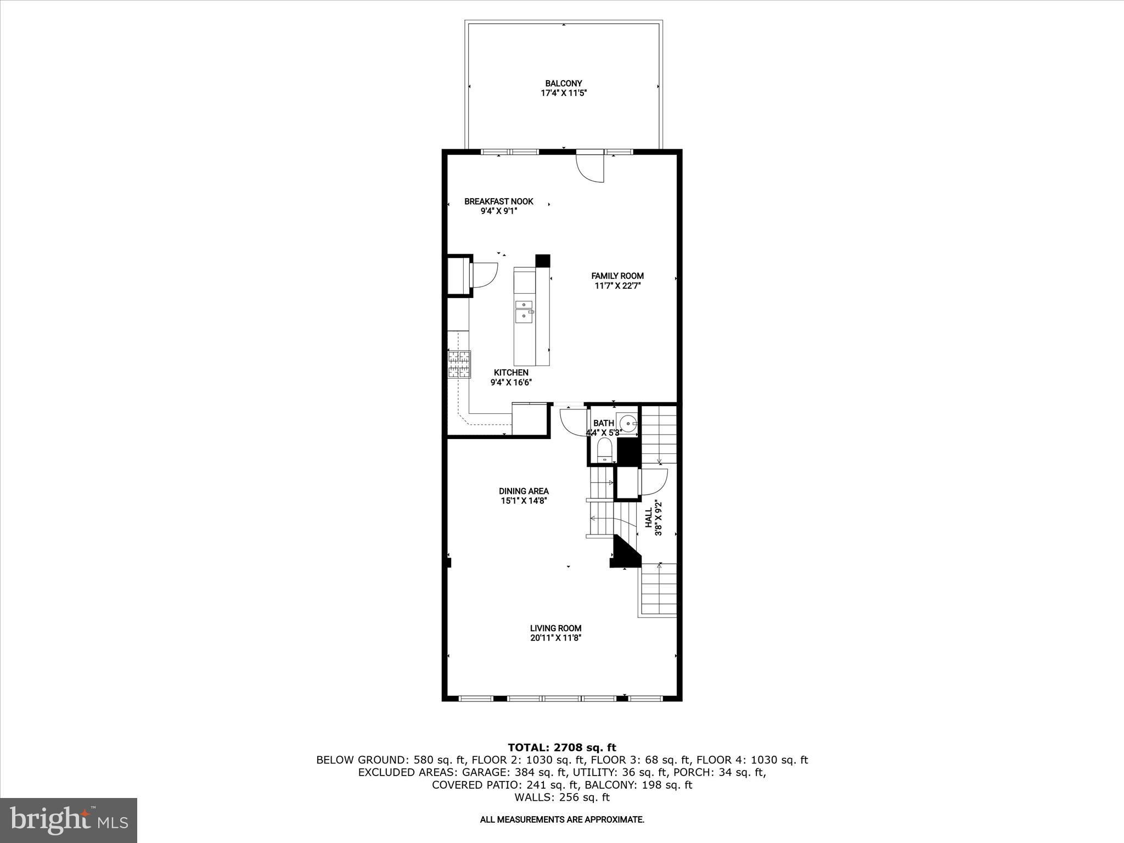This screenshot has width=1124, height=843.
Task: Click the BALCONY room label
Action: (564, 83)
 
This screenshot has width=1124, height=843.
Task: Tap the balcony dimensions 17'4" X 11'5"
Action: (564, 93)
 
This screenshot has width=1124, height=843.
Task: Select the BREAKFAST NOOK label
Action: (499, 201)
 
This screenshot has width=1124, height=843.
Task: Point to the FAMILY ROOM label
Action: (617, 276)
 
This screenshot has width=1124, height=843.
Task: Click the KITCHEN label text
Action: (511, 373)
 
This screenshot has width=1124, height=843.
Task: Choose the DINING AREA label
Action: (524, 491)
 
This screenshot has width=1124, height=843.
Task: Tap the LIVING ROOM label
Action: (555, 628)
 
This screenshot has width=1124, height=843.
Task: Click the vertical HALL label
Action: (649, 518)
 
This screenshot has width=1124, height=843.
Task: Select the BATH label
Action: (604, 423)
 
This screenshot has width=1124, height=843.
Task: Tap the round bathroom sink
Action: (628, 423)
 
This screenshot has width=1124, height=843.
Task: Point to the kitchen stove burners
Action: (459, 364)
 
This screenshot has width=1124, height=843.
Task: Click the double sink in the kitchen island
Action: (524, 312)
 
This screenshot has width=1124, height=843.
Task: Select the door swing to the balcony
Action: (590, 167)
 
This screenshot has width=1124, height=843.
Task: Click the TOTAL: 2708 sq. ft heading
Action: (562, 748)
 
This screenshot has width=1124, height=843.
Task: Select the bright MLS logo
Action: (69, 820)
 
